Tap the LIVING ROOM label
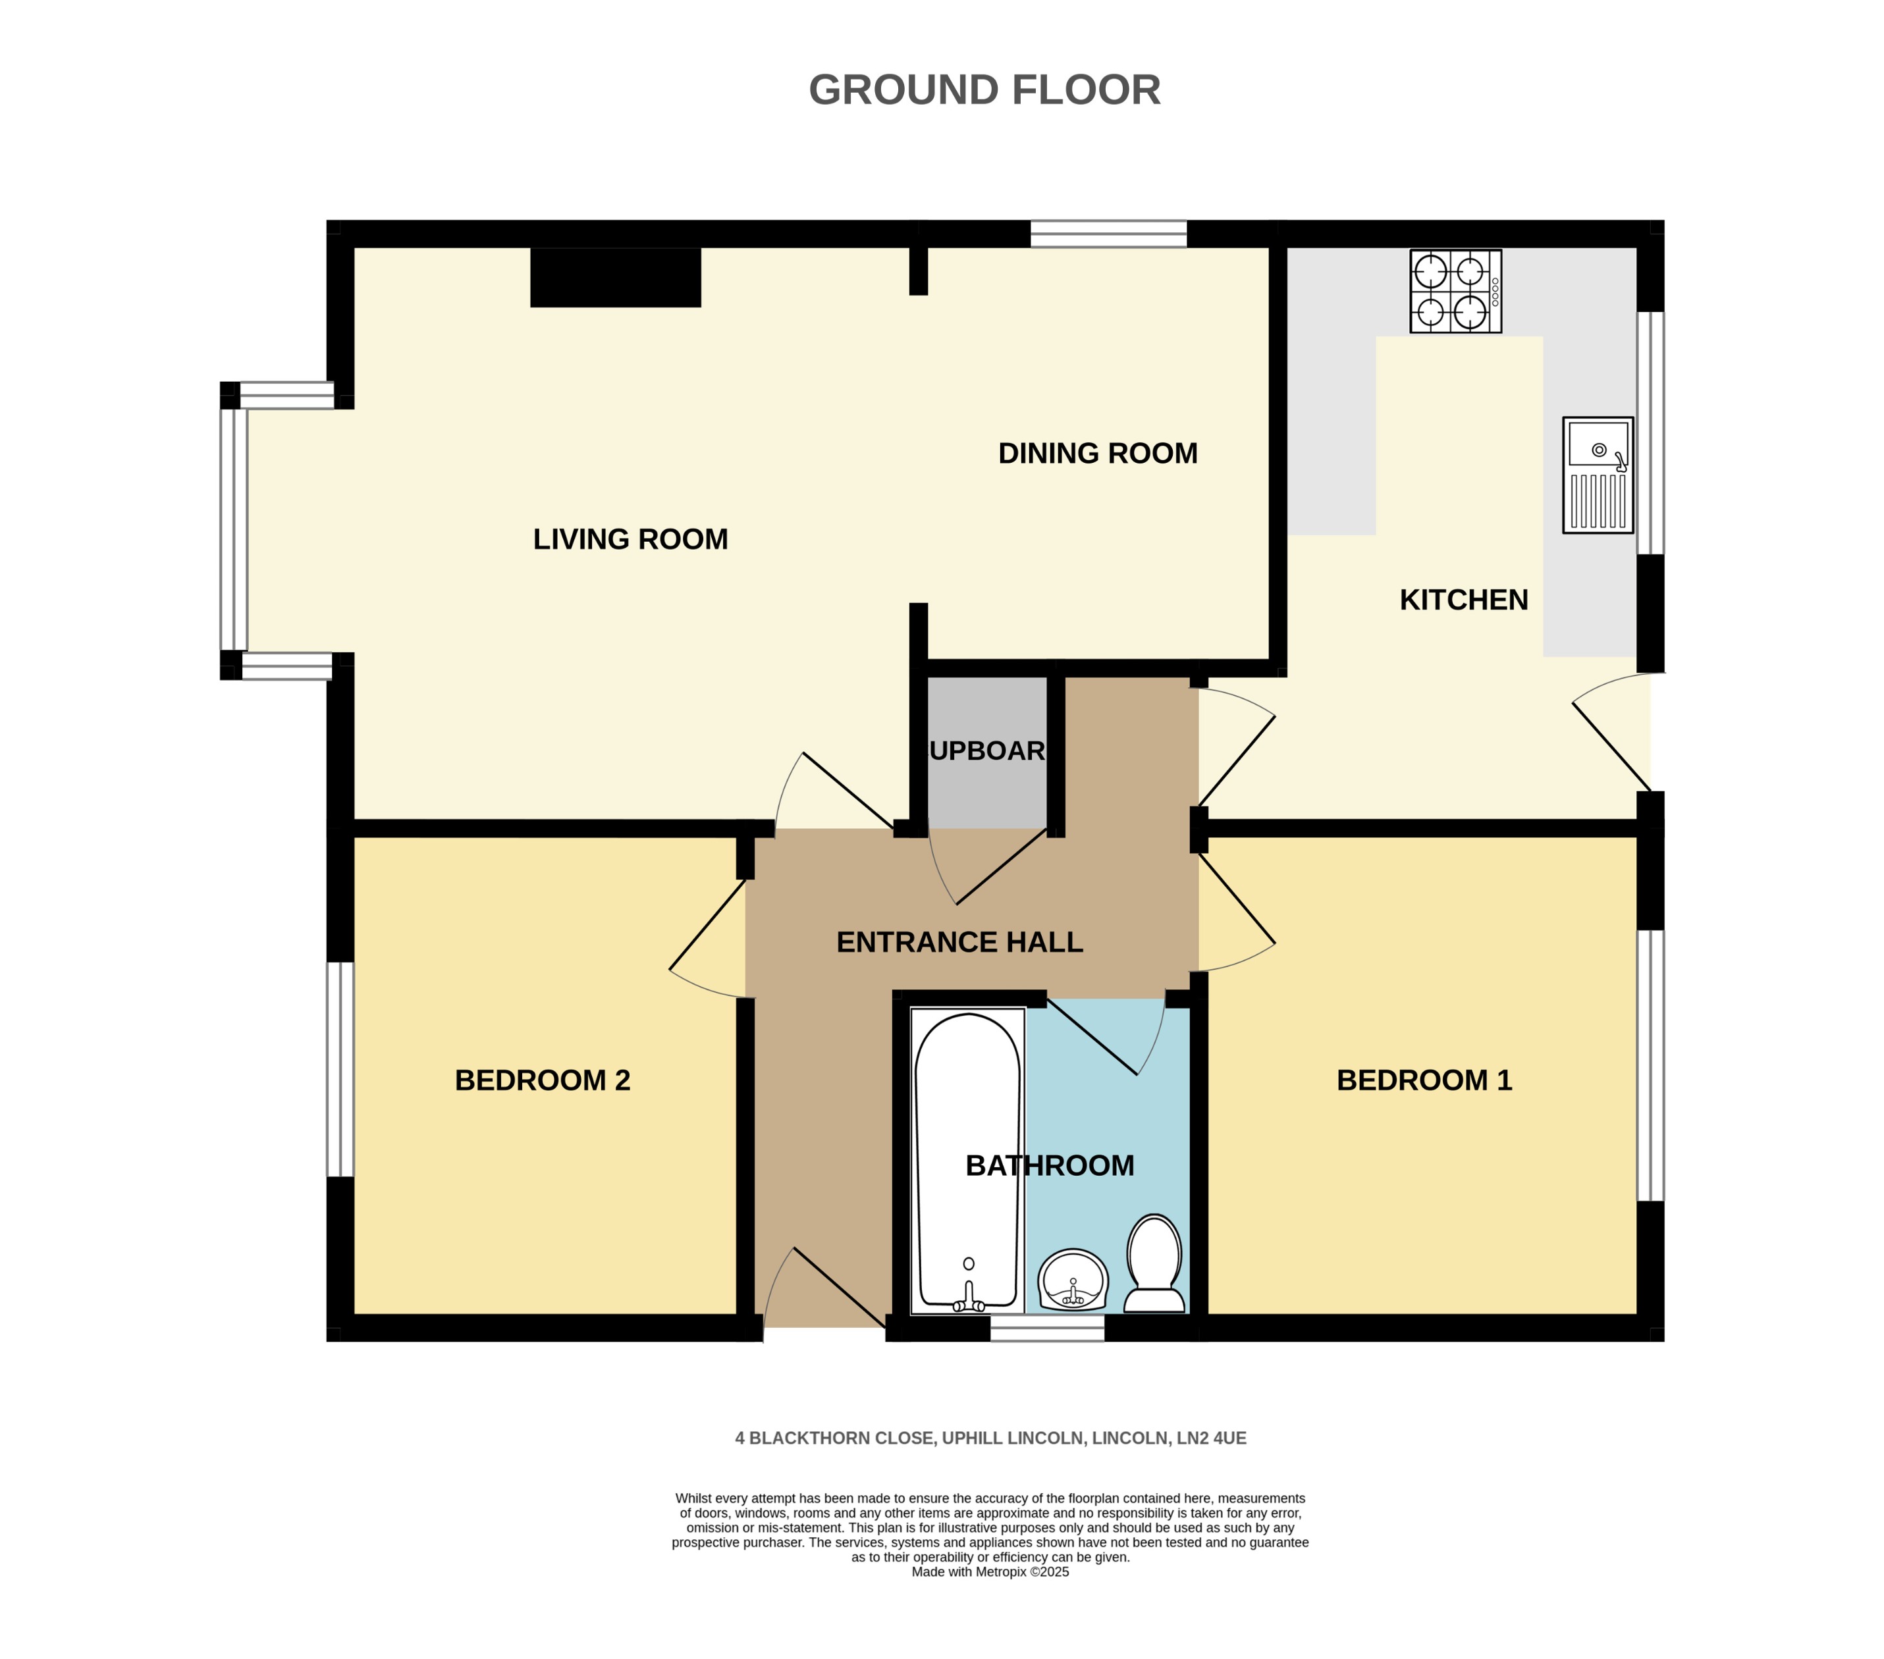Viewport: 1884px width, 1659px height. click(x=630, y=539)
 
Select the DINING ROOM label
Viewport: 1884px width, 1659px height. click(x=1097, y=454)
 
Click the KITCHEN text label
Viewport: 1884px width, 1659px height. click(x=1463, y=600)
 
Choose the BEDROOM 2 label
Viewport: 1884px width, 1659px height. click(x=542, y=1080)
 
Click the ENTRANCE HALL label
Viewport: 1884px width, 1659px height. click(x=959, y=942)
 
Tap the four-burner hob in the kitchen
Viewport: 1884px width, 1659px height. click(x=1455, y=291)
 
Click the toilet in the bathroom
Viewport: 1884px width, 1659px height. click(x=1154, y=1265)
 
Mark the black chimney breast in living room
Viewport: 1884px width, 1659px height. click(x=615, y=277)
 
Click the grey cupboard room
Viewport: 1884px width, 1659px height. click(x=986, y=751)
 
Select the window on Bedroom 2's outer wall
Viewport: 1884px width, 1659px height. click(x=340, y=1069)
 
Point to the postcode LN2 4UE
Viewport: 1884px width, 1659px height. click(x=1210, y=1438)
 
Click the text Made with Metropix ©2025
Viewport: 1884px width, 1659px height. click(x=989, y=1572)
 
